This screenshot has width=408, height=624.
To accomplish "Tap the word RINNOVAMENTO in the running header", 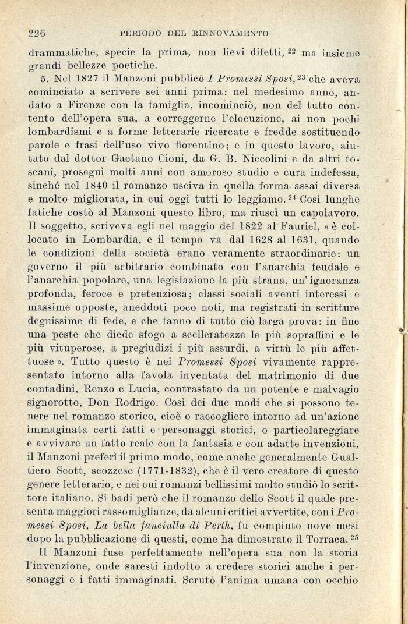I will coord(232,33).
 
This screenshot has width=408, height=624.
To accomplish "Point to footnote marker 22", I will coord(295,49).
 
